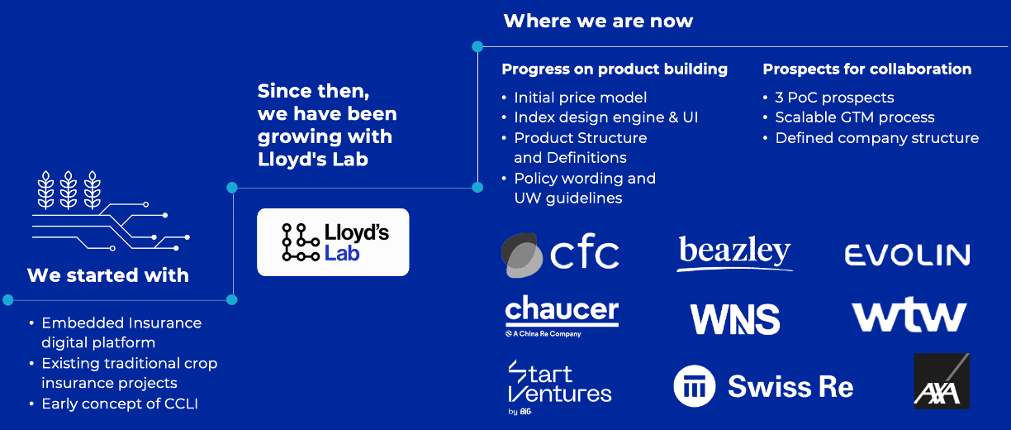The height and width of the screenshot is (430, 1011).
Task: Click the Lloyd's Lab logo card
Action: click(x=333, y=242)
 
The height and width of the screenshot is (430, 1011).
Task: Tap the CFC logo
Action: click(x=561, y=253)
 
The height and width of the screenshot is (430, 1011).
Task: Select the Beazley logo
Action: click(x=734, y=253)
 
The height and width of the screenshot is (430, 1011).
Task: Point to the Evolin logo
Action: click(x=907, y=254)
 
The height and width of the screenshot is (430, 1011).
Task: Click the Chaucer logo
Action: click(x=562, y=315)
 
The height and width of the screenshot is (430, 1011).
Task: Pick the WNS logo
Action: click(x=734, y=319)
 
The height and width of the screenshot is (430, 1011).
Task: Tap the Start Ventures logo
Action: click(x=559, y=385)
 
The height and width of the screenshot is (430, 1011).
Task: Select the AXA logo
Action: click(x=941, y=382)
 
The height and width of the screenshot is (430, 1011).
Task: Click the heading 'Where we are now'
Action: click(x=598, y=21)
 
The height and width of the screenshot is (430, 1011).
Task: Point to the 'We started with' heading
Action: click(x=108, y=275)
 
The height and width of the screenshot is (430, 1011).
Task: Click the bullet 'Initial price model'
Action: click(x=580, y=98)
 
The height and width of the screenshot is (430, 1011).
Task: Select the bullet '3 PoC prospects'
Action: click(x=834, y=98)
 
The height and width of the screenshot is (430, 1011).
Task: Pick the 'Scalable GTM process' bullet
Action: click(x=854, y=117)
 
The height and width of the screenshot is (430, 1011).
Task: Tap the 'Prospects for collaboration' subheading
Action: click(x=866, y=69)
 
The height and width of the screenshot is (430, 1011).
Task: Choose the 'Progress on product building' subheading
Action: click(x=615, y=69)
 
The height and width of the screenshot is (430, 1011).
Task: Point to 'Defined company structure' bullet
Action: click(x=876, y=138)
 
